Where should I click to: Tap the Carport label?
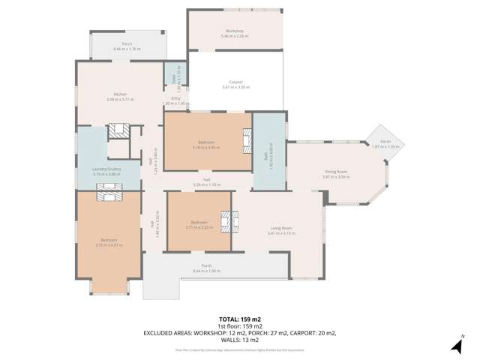click(235, 82)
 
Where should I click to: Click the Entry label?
click(175, 98)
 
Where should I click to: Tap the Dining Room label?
click(335, 172)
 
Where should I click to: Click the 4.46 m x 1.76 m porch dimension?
click(127, 49)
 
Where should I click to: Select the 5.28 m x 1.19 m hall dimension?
click(206, 184)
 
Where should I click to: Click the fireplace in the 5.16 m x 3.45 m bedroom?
click(245, 139)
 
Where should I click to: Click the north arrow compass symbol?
click(457, 344)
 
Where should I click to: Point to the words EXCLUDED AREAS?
click(168, 333)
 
